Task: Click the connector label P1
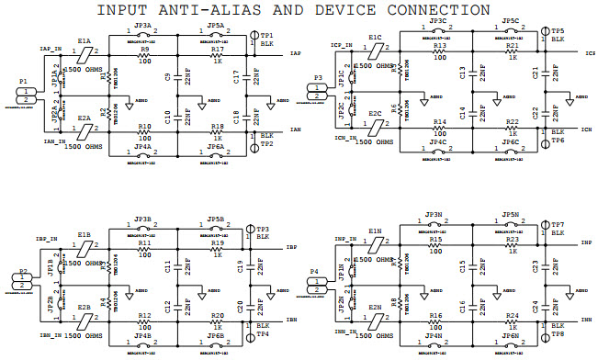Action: click(23, 82)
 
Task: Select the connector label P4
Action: click(315, 272)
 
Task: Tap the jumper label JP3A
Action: click(142, 26)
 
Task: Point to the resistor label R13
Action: click(439, 46)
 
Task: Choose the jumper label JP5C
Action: click(512, 20)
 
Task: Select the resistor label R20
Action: click(217, 315)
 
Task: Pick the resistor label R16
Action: click(435, 315)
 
